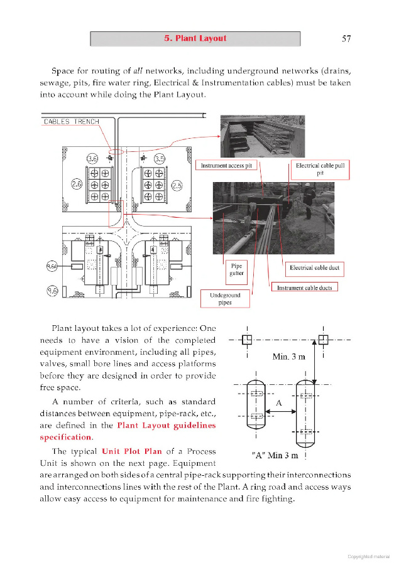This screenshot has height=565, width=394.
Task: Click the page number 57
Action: pos(346,38)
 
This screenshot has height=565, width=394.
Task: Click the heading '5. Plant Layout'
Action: pos(195,38)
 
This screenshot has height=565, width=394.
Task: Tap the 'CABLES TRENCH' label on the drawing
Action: pos(71,121)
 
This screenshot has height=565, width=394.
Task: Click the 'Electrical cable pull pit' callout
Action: pos(320,169)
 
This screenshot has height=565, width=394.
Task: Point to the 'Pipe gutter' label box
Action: pos(236,270)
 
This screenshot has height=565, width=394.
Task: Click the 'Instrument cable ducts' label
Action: pos(304,288)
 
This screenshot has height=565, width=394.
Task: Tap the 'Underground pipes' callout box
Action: pos(225,299)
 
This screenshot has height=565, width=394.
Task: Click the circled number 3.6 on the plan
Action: pos(93,158)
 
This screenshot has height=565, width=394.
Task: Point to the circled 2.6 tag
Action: pos(77,185)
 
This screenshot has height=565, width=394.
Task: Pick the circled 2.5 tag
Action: pos(177,185)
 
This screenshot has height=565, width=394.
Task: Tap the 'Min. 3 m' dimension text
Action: pos(288,357)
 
